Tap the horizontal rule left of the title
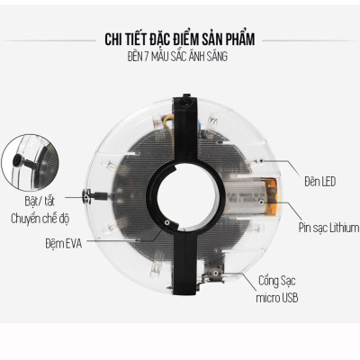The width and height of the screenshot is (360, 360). click(x=53, y=40)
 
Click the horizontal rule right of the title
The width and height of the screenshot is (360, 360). click(x=305, y=40)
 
